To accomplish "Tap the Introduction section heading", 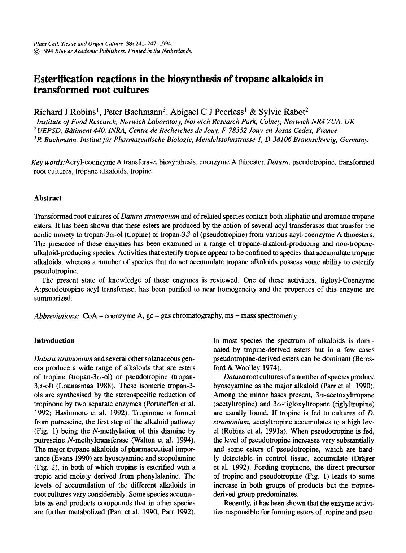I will (54, 341).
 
